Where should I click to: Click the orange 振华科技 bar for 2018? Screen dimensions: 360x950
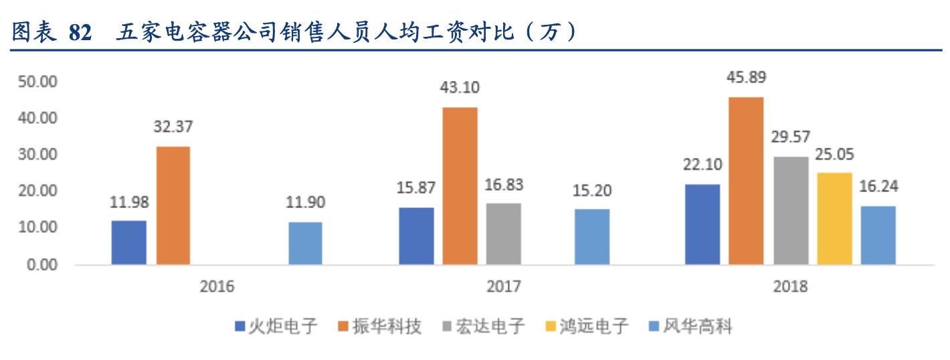click(x=746, y=181)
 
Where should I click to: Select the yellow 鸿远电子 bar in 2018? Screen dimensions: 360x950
click(x=834, y=218)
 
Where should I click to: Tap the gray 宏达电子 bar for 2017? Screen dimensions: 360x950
click(x=503, y=234)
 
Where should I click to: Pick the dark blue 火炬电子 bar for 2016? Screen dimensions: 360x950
click(x=129, y=242)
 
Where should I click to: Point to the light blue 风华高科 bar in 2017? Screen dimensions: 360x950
click(x=592, y=237)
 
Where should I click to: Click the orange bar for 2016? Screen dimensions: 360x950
click(x=173, y=205)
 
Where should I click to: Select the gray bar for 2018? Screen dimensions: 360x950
click(x=791, y=210)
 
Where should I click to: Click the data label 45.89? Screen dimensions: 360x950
click(x=746, y=78)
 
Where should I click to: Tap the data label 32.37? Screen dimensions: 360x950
click(x=173, y=127)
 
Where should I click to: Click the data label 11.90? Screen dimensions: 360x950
click(x=305, y=203)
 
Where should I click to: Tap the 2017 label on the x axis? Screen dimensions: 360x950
click(x=504, y=286)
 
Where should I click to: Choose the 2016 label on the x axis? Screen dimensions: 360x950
click(x=217, y=286)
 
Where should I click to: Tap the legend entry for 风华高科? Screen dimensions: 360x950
click(x=690, y=327)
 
